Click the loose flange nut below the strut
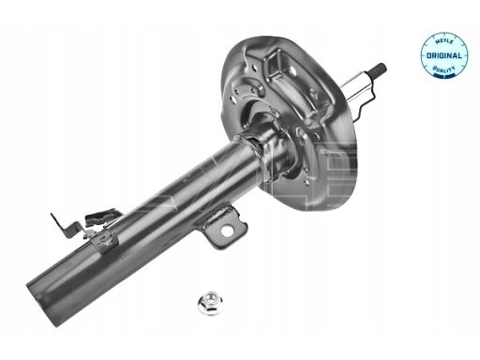point(208,302)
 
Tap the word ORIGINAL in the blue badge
point(443,56)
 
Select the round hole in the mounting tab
point(227,231)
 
